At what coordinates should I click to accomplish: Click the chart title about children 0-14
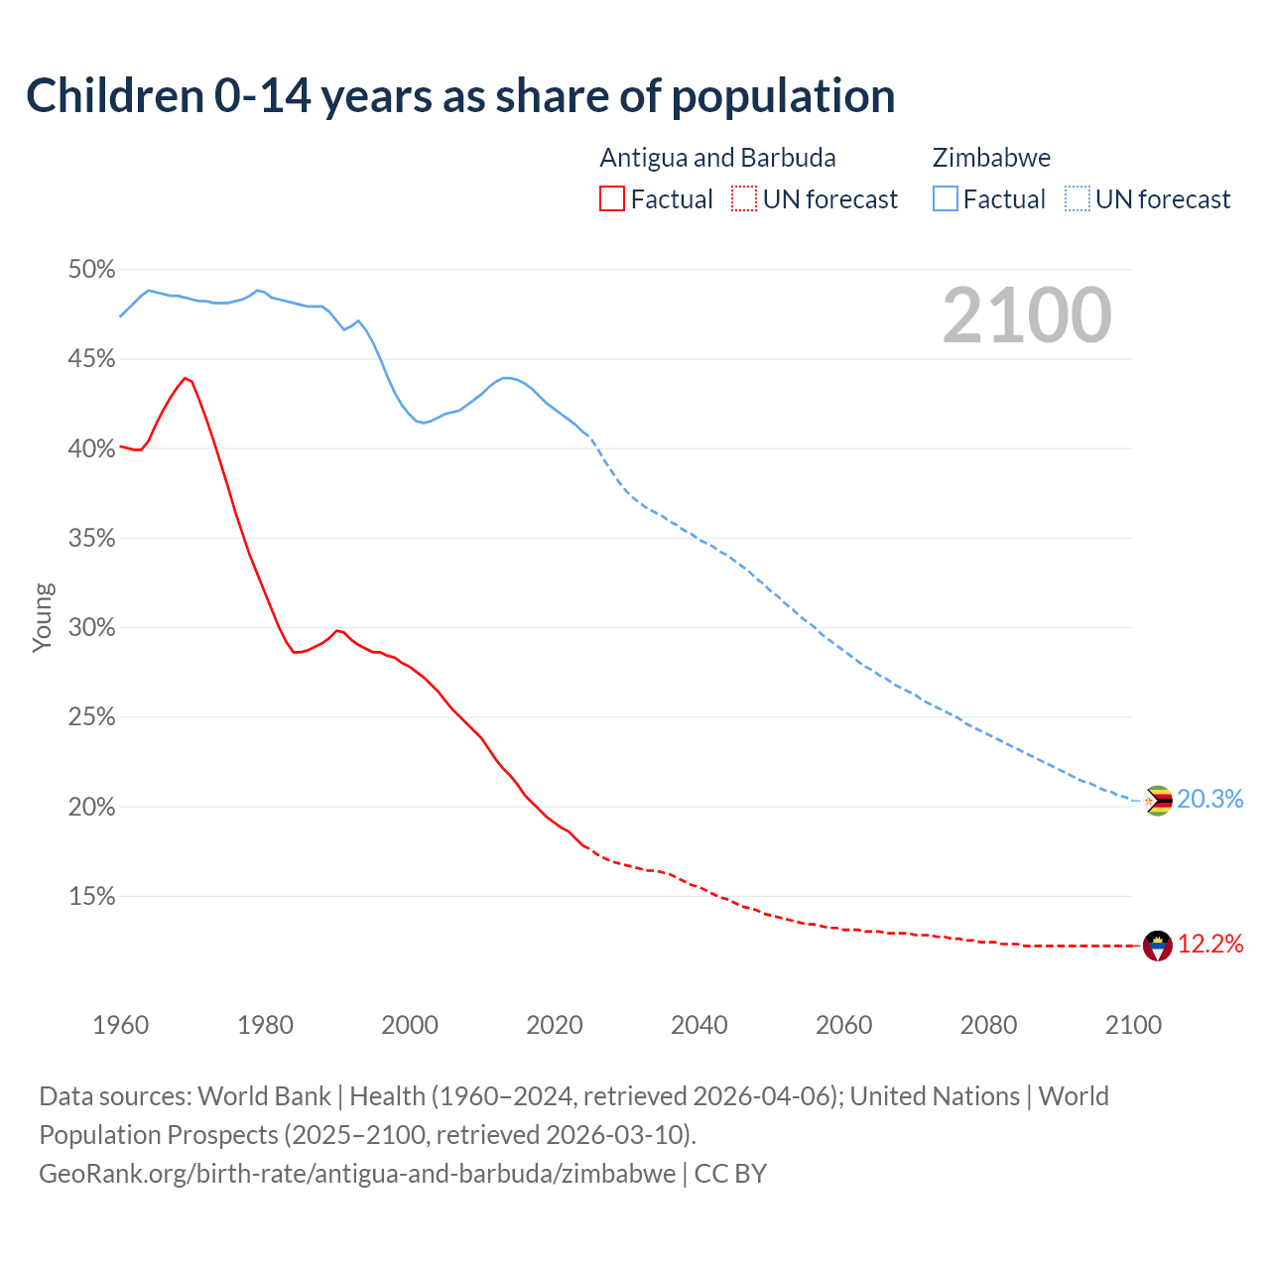pyautogui.click(x=460, y=96)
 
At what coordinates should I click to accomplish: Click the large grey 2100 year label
pyautogui.click(x=1027, y=316)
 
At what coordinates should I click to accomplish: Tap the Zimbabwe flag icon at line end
pyautogui.click(x=1158, y=800)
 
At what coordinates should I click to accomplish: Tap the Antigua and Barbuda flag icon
pyautogui.click(x=1158, y=946)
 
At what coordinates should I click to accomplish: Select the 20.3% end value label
pyautogui.click(x=1209, y=799)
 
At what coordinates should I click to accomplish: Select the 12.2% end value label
pyautogui.click(x=1209, y=944)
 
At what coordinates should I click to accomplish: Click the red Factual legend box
pyautogui.click(x=612, y=198)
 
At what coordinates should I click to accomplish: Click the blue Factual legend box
pyautogui.click(x=945, y=198)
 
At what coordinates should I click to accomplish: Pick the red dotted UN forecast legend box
pyautogui.click(x=743, y=198)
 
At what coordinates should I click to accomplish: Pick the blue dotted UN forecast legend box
pyautogui.click(x=1077, y=198)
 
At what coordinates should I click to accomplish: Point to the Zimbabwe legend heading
pyautogui.click(x=991, y=158)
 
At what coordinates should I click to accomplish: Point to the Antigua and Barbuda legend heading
pyautogui.click(x=717, y=158)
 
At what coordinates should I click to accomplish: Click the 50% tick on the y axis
pyautogui.click(x=91, y=270)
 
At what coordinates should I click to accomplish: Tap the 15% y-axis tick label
pyautogui.click(x=91, y=897)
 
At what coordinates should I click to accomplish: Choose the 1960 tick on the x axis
pyautogui.click(x=120, y=1025)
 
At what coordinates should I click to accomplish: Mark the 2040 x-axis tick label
pyautogui.click(x=698, y=1025)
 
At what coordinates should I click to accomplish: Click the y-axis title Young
pyautogui.click(x=43, y=617)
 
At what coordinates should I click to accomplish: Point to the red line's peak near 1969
pyautogui.click(x=185, y=378)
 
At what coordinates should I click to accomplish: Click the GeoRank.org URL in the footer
pyautogui.click(x=357, y=1173)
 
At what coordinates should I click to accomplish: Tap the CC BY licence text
pyautogui.click(x=730, y=1173)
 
